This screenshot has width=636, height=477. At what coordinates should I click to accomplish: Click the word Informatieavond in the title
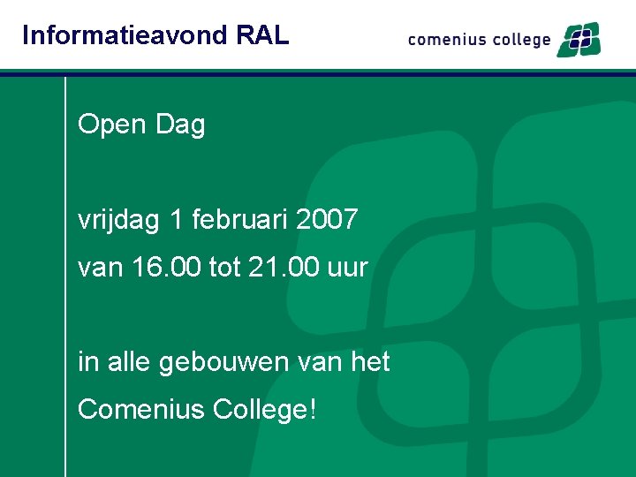[x=125, y=35]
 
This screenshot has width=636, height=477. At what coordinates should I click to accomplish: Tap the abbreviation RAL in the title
[x=263, y=35]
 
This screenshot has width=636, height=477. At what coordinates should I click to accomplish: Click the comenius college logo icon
[x=578, y=40]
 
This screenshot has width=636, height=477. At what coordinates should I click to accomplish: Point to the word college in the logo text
[x=518, y=41]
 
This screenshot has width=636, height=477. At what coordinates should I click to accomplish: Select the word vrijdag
[x=118, y=220]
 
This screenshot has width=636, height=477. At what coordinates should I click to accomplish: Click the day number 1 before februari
[x=178, y=219]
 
